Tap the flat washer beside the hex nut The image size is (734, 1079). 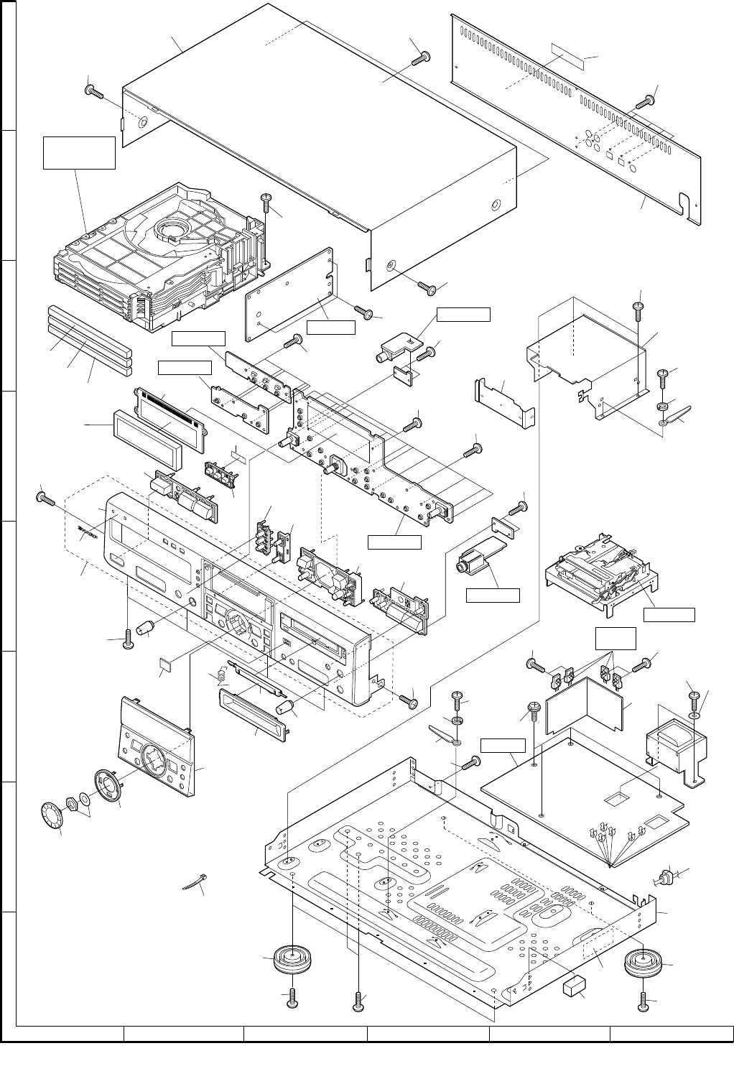pos(85,798)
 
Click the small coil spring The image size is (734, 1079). pos(222,675)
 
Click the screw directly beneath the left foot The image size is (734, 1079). pos(292,997)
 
